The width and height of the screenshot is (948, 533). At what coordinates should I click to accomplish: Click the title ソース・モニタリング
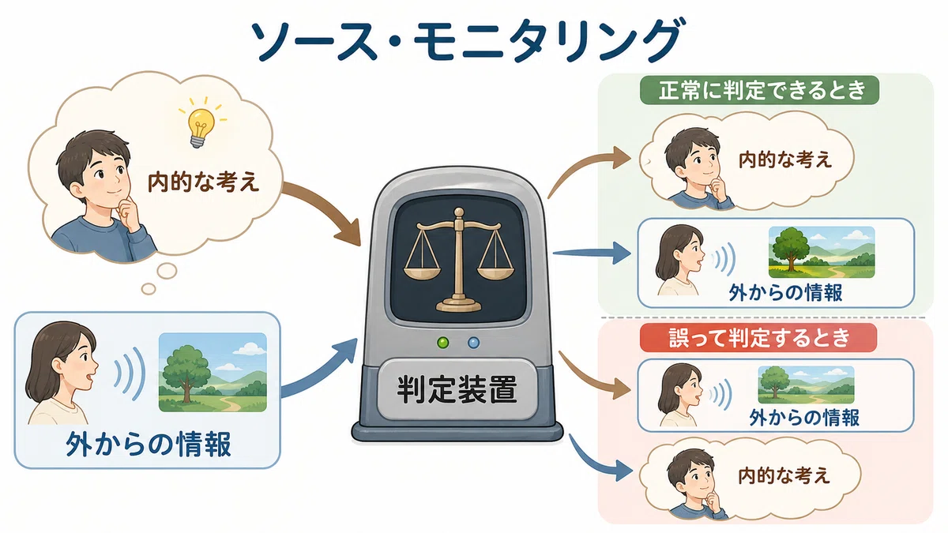[466, 41]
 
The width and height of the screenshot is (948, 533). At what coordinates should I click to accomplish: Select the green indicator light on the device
[443, 342]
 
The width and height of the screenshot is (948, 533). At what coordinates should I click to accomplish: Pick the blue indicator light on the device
[473, 342]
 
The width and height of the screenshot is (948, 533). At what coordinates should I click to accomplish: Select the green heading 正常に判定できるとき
[759, 90]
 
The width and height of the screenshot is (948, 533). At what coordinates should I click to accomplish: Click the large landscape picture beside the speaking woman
[213, 372]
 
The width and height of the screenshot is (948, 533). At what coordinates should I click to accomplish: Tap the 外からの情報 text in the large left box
[149, 444]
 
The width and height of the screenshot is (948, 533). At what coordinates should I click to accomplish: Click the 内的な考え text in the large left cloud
[203, 182]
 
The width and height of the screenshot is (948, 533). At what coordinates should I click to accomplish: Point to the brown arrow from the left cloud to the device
[324, 212]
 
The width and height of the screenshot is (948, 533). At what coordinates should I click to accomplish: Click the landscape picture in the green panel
[822, 252]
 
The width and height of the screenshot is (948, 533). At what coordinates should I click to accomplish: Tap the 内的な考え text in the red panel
[784, 476]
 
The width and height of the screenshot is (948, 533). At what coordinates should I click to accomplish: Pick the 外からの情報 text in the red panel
[804, 418]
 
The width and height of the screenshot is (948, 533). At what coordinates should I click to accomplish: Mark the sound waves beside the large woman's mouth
[130, 373]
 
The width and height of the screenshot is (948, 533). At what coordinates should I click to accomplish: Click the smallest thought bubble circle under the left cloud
[149, 289]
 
